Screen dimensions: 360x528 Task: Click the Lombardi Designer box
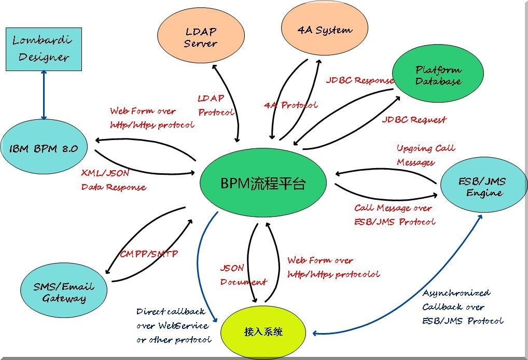point(44,49)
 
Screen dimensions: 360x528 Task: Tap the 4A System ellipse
point(324,30)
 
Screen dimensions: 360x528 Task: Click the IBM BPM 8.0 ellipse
point(44,148)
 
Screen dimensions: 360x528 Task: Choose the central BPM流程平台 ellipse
point(263,183)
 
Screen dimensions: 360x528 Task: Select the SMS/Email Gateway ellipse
point(64,292)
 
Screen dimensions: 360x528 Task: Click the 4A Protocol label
point(290,105)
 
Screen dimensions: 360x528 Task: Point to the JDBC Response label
point(359,81)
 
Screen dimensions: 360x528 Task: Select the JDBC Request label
point(414,120)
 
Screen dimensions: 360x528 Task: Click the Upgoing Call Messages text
point(425,155)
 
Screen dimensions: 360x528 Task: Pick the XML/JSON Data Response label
point(113,179)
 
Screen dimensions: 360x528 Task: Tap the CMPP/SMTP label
point(149,254)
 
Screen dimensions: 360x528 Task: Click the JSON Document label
point(243,275)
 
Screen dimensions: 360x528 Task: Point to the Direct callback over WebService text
point(173,326)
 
